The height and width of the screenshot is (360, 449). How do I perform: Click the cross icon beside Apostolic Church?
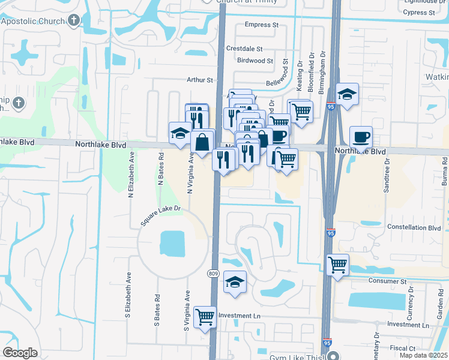73,22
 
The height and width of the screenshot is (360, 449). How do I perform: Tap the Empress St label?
262,25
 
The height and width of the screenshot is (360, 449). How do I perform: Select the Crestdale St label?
244,49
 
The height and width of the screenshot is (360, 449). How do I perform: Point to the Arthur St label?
200,80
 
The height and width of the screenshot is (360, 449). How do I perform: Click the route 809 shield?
213,274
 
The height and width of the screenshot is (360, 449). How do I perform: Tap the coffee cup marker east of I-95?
361,137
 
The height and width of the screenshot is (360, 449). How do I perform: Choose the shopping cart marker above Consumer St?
338,264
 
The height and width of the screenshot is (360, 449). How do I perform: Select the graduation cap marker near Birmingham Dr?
348,94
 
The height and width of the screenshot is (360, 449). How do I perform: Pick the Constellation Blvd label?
414,228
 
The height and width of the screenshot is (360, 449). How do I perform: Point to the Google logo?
20,353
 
